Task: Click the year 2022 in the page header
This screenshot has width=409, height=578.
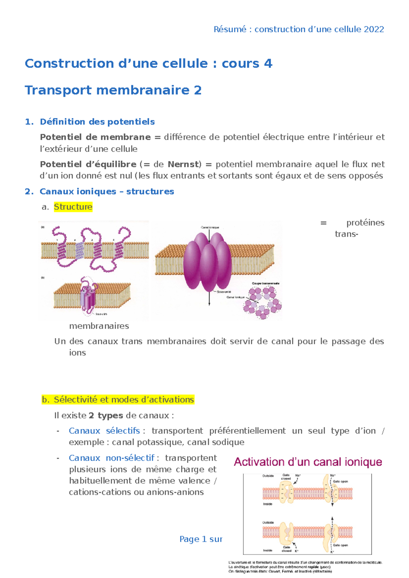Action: [374, 29]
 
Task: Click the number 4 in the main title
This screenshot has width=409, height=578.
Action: [268, 64]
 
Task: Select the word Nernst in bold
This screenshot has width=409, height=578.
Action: [183, 164]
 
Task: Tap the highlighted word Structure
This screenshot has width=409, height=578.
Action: [73, 207]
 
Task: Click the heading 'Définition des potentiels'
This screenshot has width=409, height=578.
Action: [97, 122]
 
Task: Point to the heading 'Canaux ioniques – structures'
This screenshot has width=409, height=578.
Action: [107, 192]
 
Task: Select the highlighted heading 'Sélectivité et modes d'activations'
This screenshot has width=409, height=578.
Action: [124, 400]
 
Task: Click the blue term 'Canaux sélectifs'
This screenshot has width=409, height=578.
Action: [104, 431]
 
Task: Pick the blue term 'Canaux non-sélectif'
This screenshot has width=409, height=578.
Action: [111, 458]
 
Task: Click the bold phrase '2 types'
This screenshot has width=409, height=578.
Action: [106, 416]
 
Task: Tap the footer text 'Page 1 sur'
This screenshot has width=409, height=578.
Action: [201, 539]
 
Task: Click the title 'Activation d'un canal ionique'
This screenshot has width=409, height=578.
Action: [308, 462]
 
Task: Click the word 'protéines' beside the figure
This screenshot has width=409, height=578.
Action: [365, 223]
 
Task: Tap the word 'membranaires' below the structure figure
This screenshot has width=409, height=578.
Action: [99, 326]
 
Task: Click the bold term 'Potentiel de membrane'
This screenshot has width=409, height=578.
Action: [95, 137]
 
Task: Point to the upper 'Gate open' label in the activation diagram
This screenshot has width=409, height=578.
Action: [340, 482]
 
